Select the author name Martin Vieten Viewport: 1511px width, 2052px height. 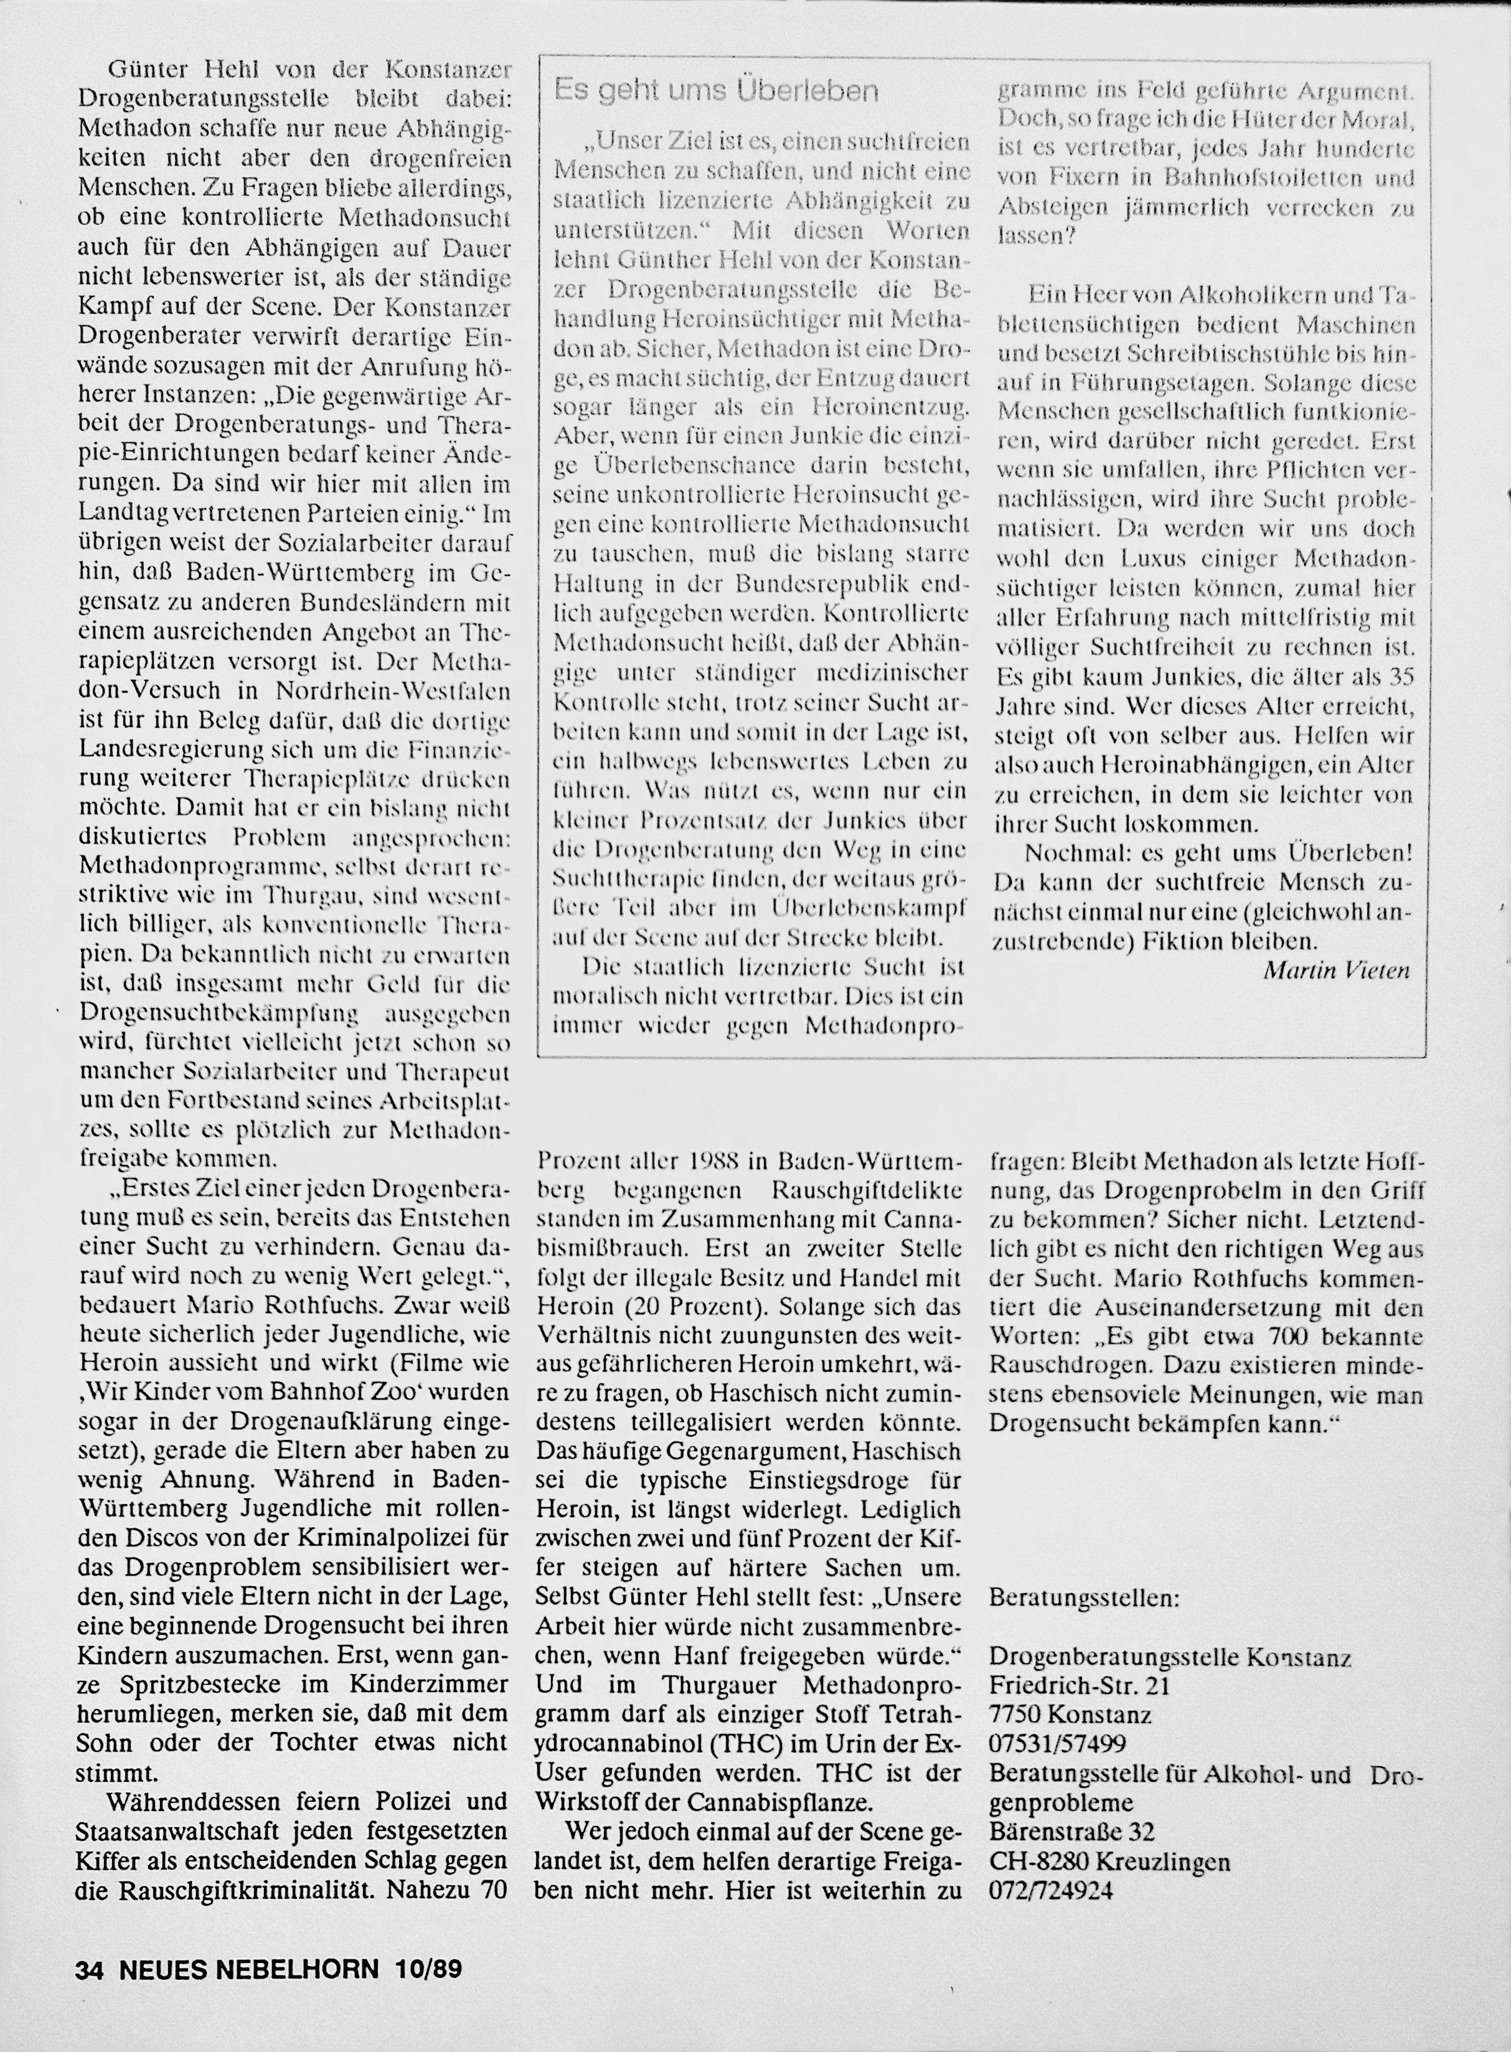[x=1336, y=970]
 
